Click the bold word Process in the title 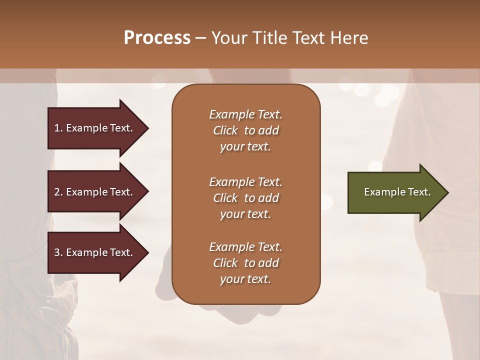pyautogui.click(x=157, y=37)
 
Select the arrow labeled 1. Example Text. pyautogui.click(x=95, y=128)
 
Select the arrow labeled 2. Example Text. pyautogui.click(x=95, y=192)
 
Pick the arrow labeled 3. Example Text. pyautogui.click(x=95, y=252)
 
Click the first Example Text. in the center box pyautogui.click(x=245, y=114)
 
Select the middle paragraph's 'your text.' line pyautogui.click(x=245, y=214)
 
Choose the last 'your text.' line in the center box pyautogui.click(x=245, y=279)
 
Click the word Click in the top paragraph pyautogui.click(x=225, y=130)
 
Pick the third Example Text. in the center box pyautogui.click(x=245, y=247)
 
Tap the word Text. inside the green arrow pyautogui.click(x=419, y=192)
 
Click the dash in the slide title pyautogui.click(x=200, y=38)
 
